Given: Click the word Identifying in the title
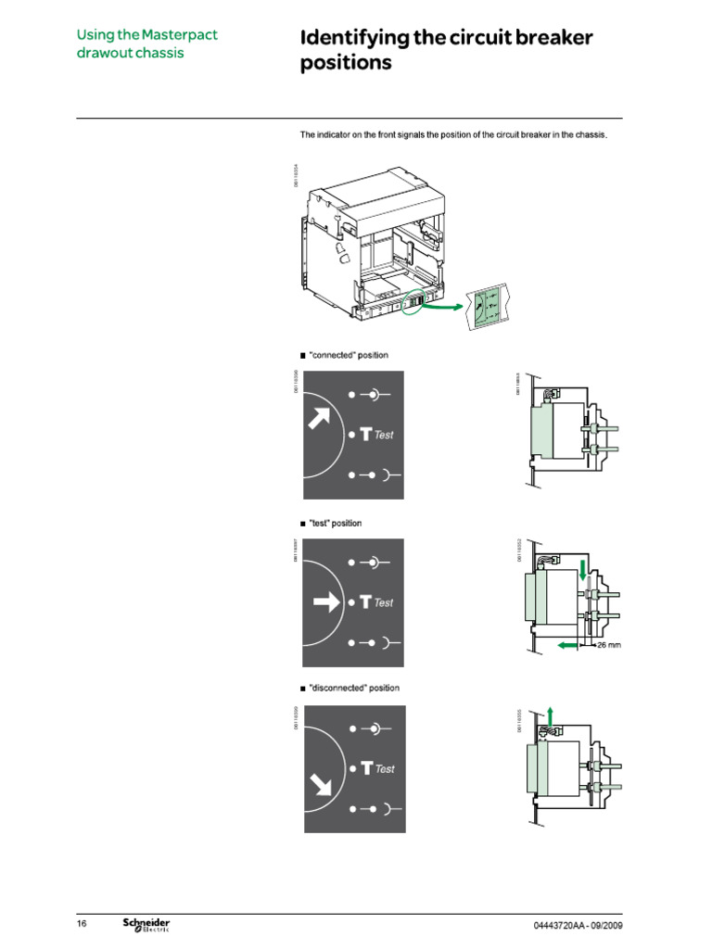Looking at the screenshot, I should point(358,38).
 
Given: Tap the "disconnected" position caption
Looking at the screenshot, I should point(353,688).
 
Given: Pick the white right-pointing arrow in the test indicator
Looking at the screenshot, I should point(326,602).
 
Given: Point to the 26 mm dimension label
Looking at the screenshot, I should point(607,645).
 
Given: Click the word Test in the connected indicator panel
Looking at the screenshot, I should point(384,435).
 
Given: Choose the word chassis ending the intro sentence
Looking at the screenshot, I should point(589,135).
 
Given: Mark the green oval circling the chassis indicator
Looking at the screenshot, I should point(414,301).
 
